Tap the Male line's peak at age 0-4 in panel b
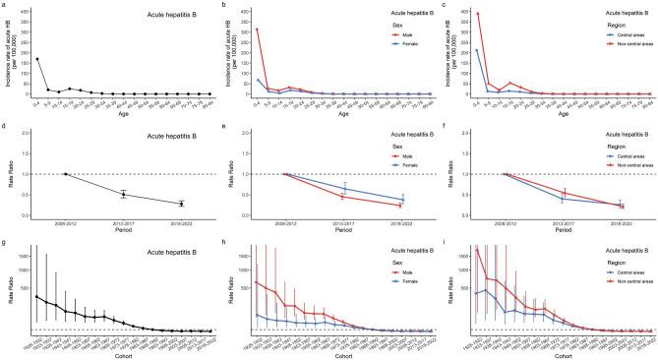[x=257, y=30]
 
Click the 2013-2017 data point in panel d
[x=123, y=194]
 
